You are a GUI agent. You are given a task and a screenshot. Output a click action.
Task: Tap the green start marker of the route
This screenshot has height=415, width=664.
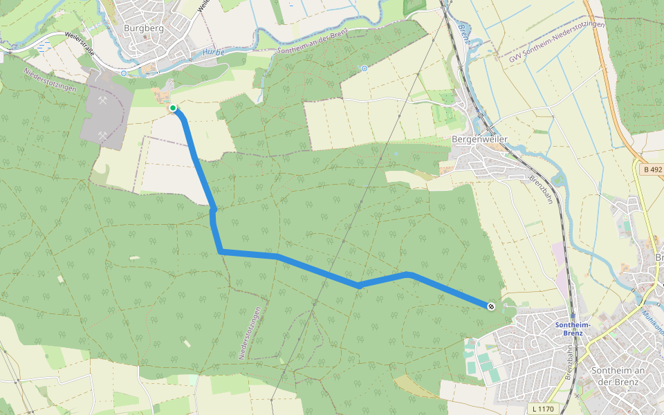click(172, 108)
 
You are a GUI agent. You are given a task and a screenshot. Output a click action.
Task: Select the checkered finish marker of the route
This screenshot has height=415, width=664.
click(490, 306)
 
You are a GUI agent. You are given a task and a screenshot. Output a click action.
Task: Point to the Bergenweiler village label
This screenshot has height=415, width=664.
click(479, 139)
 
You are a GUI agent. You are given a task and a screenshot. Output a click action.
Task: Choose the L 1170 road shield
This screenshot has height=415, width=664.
click(544, 409)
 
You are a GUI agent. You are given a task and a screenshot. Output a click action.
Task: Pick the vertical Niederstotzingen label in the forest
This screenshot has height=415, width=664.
click(252, 333)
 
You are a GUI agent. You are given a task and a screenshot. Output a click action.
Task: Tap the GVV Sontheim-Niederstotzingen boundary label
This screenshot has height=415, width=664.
click(557, 42)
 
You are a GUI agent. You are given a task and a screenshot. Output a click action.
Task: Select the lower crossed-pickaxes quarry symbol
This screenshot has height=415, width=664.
click(104, 137)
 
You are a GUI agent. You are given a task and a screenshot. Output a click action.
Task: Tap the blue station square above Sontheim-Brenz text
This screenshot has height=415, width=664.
click(573, 315)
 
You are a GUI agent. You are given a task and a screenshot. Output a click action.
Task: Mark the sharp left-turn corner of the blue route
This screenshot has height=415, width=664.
click(221, 252)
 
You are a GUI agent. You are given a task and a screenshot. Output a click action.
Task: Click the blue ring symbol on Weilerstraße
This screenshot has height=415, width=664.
click(123, 73)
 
